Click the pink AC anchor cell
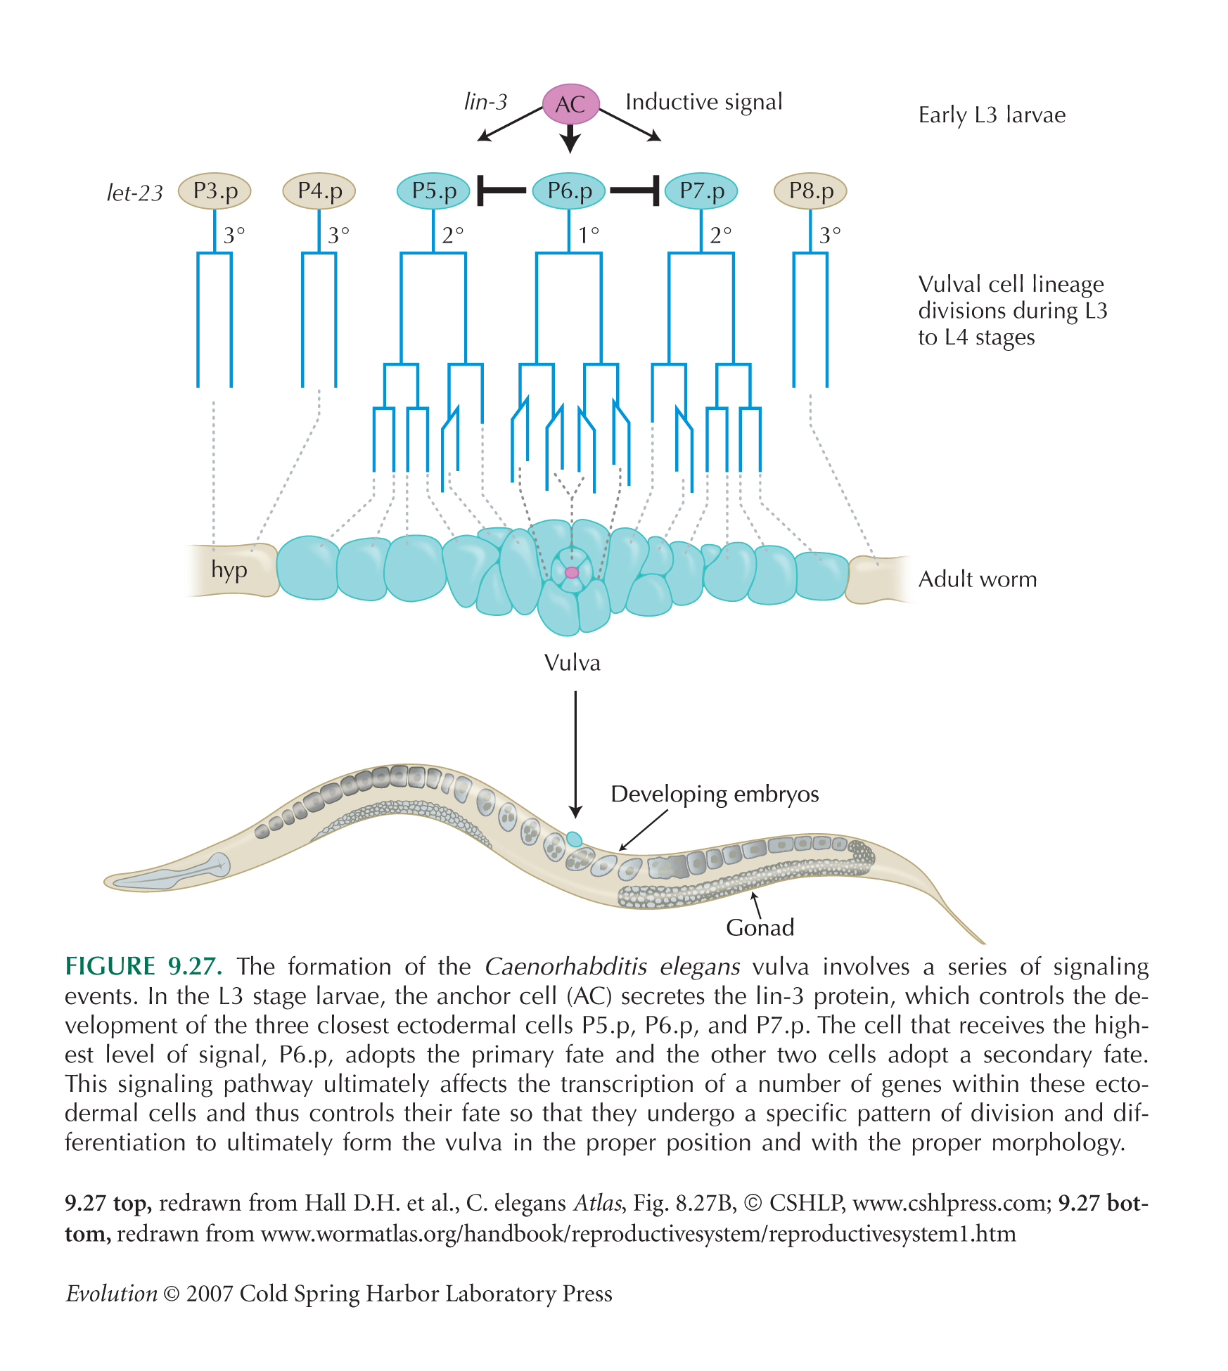click(x=570, y=104)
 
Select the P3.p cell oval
click(x=215, y=191)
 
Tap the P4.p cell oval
click(x=319, y=191)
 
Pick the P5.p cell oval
click(x=433, y=191)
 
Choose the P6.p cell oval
click(x=568, y=191)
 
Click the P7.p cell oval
click(x=701, y=191)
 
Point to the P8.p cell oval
click(x=810, y=191)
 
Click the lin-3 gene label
click(x=485, y=102)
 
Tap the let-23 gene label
click(x=134, y=193)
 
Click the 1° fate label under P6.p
click(x=589, y=234)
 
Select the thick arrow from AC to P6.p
click(x=570, y=139)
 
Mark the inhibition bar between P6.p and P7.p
click(x=634, y=191)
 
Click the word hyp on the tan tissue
click(x=229, y=570)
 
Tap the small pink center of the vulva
click(x=572, y=572)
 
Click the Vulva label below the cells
click(x=573, y=663)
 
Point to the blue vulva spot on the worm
click(x=575, y=839)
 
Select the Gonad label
click(x=760, y=927)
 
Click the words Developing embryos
click(x=715, y=794)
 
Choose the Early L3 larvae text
click(x=992, y=115)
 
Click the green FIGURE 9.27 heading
click(x=143, y=967)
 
